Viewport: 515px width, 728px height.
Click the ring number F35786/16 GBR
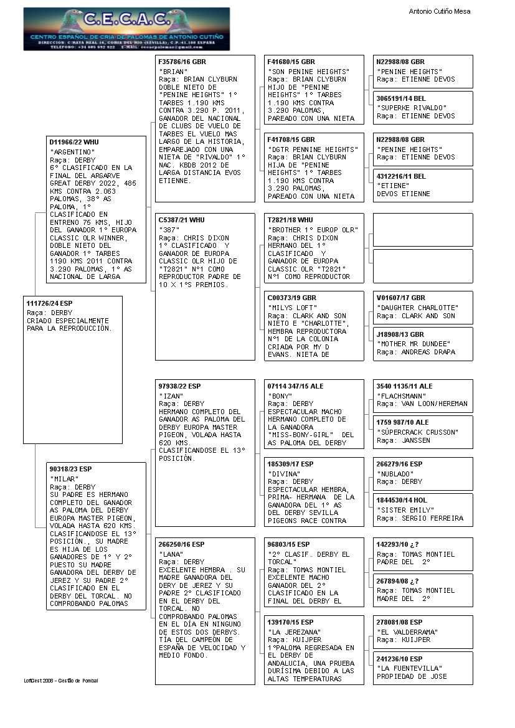point(182,62)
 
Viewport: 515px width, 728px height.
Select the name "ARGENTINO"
point(72,152)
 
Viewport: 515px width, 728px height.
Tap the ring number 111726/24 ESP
point(49,303)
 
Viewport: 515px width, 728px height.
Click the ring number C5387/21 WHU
point(181,220)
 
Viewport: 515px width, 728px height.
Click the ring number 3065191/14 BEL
point(401,98)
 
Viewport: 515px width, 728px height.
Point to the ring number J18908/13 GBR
point(400,334)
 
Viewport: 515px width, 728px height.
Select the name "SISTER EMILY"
point(404,510)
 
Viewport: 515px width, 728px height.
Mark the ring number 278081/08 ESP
point(399,622)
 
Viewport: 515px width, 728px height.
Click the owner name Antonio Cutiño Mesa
point(439,11)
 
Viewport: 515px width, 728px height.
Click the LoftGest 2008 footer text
point(61,681)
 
